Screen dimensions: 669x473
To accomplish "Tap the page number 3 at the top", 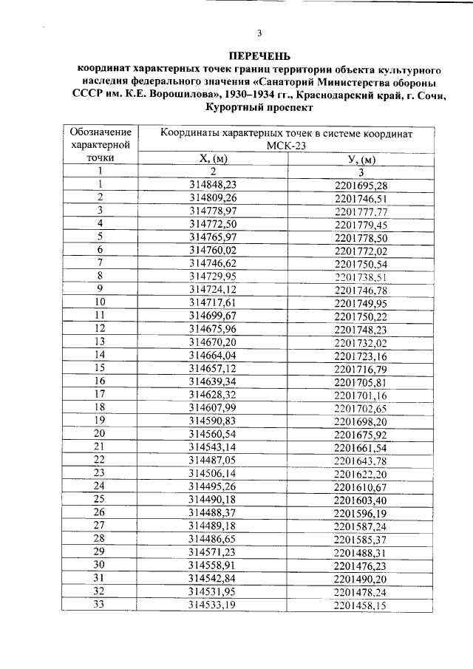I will pyautogui.click(x=259, y=33).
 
